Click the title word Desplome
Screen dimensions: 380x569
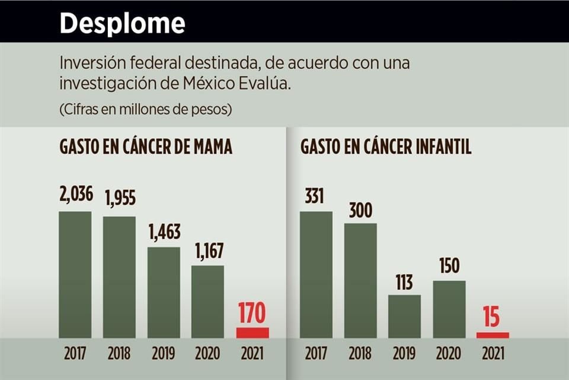point(122,24)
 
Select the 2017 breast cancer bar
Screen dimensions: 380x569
point(75,274)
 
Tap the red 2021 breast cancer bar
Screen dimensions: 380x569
point(252,332)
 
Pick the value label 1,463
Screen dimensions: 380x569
point(164,232)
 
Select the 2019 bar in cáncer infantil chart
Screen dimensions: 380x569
point(404,316)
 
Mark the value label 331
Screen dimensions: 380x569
point(315,195)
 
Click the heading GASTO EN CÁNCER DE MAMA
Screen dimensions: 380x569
point(146,148)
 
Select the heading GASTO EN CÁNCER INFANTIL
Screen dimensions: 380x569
point(386,148)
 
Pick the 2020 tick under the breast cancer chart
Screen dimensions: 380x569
point(207,354)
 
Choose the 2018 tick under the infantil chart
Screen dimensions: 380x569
point(360,354)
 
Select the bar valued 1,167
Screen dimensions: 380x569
point(207,302)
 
